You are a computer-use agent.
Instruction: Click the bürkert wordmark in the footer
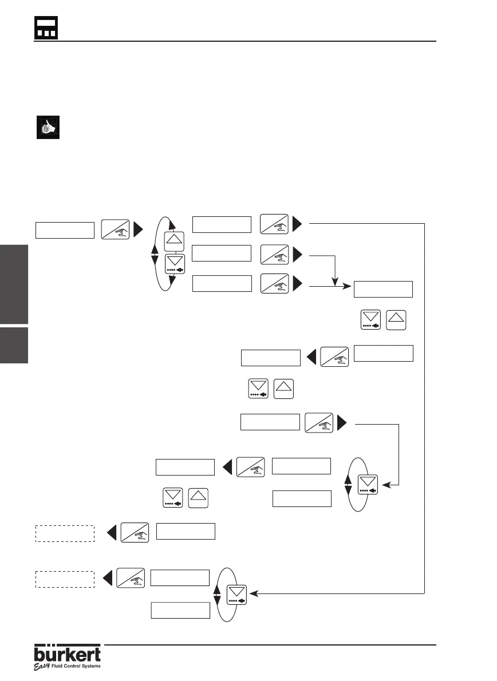pos(68,654)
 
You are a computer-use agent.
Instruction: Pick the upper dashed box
pos(65,533)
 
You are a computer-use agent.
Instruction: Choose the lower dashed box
pos(65,579)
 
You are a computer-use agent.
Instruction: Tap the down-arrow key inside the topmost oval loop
pos(174,265)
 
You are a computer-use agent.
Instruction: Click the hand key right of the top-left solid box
pos(115,229)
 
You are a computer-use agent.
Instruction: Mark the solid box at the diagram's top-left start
pos(65,229)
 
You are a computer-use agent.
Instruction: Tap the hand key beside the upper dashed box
pos(135,532)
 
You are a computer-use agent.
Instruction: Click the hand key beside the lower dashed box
pos(130,578)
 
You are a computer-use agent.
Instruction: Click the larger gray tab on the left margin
pos(14,284)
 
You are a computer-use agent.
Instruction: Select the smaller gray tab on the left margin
pos(14,346)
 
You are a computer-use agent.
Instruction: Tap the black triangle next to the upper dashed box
pos(113,532)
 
